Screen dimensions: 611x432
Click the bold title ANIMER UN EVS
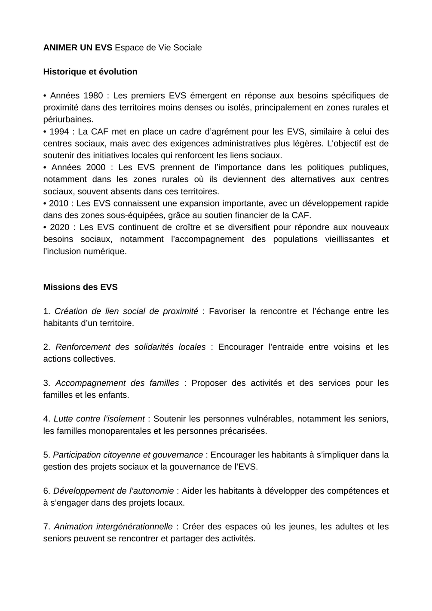(x=77, y=48)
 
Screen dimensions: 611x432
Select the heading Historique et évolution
(x=90, y=72)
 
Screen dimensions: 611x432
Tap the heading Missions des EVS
(x=80, y=287)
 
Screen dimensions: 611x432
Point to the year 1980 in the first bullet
(x=93, y=95)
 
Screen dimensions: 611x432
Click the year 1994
(x=59, y=132)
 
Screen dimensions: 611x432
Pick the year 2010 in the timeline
(x=59, y=203)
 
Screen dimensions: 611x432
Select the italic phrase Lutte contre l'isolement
(x=99, y=419)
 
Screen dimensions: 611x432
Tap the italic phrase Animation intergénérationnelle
(x=113, y=527)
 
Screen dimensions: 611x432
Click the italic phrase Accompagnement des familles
(x=117, y=383)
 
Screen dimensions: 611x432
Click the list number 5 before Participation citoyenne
(x=46, y=455)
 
